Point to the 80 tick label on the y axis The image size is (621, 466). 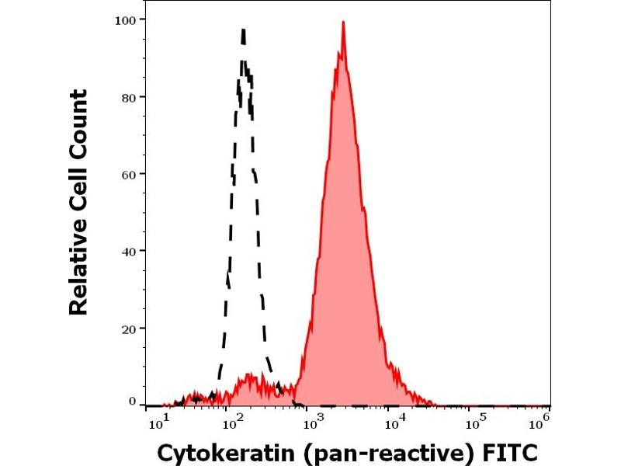(130, 97)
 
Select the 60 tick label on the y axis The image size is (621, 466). (130, 174)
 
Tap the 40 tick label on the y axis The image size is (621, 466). (130, 252)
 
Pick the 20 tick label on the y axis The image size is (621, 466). (130, 329)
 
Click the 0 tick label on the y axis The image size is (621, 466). (133, 402)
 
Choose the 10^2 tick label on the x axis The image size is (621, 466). (231, 423)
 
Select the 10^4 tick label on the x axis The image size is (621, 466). (395, 423)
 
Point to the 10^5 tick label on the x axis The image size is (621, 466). (473, 423)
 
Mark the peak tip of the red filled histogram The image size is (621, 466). (342, 22)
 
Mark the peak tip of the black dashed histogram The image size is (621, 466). (244, 30)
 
